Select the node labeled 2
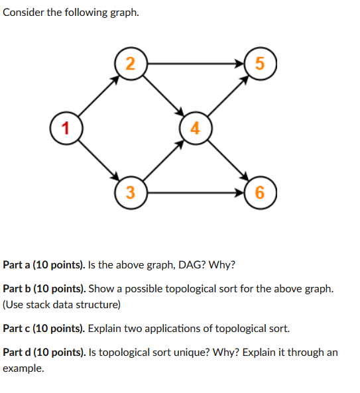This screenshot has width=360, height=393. [131, 64]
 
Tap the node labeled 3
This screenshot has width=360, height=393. [131, 193]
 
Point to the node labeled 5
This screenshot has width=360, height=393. [259, 64]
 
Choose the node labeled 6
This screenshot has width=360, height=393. [259, 193]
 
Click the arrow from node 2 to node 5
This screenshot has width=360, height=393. [195, 64]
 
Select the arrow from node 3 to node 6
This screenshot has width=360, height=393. [195, 193]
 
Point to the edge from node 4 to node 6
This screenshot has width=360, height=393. [227, 161]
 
